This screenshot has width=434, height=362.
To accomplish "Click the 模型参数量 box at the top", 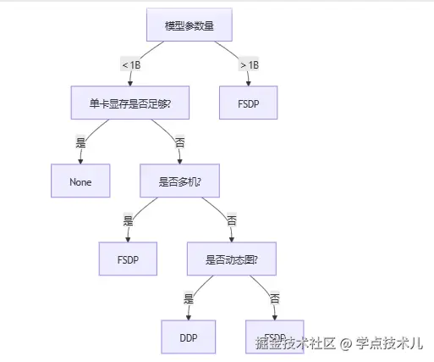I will tap(189, 25).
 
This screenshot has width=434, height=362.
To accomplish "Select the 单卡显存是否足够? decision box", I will tap(129, 103).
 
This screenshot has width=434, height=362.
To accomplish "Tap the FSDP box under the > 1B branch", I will tap(249, 103).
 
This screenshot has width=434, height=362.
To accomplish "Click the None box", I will tap(80, 181).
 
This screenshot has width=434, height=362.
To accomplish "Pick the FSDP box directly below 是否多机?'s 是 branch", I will tap(129, 259).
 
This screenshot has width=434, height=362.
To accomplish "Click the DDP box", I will tap(189, 337).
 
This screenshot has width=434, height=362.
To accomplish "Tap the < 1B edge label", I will tap(131, 64).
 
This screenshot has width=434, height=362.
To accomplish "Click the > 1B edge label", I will tap(249, 64).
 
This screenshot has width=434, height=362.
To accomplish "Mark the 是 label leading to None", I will tap(81, 142).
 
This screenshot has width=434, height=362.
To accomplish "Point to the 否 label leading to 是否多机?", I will tap(179, 142).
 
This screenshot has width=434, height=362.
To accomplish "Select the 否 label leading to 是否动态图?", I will tap(231, 220).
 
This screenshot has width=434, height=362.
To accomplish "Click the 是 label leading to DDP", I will tap(189, 298).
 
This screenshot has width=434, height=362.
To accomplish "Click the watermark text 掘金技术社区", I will tap(296, 343).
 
